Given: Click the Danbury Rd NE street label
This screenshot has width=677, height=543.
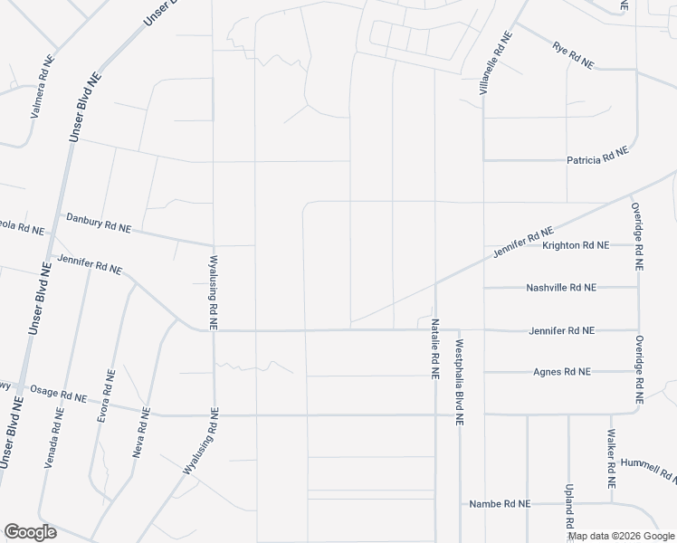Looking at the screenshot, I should [x=99, y=224].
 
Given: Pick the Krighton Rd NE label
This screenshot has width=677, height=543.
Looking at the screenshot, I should [x=575, y=245].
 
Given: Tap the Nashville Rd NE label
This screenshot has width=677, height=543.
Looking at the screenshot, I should [x=561, y=288].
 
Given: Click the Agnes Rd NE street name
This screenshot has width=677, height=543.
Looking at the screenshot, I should [x=562, y=372].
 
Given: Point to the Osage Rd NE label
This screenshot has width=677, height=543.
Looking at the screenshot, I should [x=58, y=393].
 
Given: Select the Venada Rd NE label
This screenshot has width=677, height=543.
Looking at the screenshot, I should [x=55, y=437].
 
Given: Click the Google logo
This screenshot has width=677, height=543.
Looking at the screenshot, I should [x=30, y=532].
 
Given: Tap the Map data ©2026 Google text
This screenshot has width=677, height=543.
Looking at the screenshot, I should [x=621, y=536].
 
